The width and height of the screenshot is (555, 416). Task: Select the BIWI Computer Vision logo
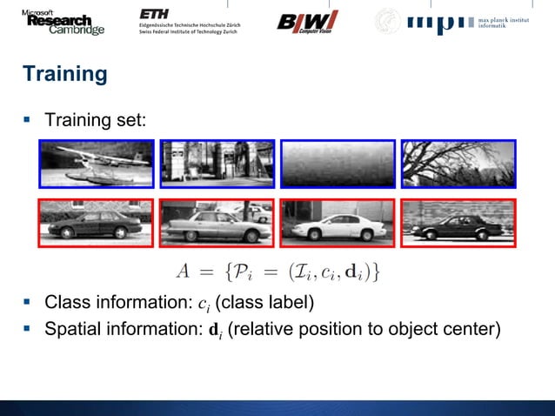(307, 22)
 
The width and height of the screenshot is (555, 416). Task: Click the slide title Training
(65, 74)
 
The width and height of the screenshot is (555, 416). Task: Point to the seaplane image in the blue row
(96, 164)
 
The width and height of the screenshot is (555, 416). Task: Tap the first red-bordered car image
(96, 224)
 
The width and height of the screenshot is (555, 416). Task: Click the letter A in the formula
(183, 272)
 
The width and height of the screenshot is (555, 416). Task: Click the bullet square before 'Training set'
(28, 117)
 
